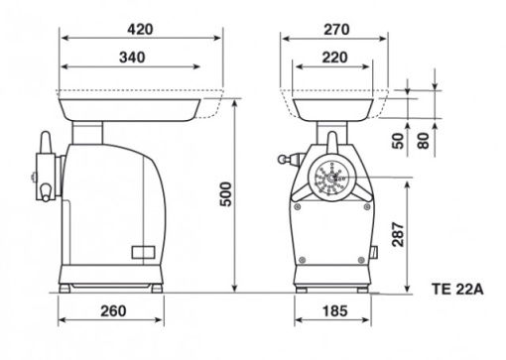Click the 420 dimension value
[140, 30]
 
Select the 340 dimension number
[132, 58]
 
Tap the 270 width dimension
[336, 30]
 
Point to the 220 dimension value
[334, 58]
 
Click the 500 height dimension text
[226, 194]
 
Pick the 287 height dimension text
[398, 234]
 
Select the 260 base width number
[113, 311]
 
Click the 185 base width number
[334, 311]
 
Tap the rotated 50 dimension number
[398, 141]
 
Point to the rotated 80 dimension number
[423, 141]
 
